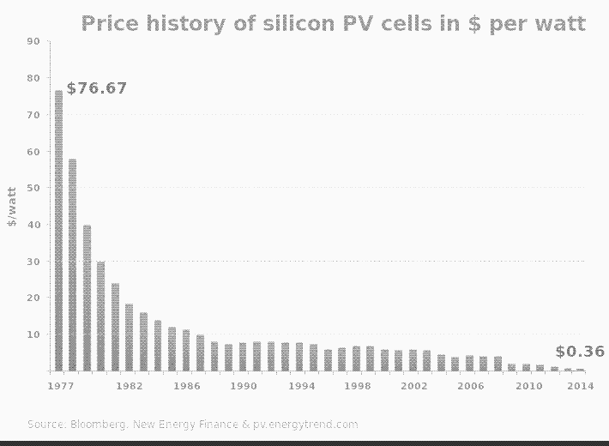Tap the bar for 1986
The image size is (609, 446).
(186, 350)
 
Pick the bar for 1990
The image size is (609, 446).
(243, 356)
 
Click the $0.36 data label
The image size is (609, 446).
(580, 352)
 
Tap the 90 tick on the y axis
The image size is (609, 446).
(33, 41)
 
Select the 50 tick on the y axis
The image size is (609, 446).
(33, 188)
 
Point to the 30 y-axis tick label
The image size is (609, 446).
(33, 261)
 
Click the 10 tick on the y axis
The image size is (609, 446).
(33, 334)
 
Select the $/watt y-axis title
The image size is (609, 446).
(12, 206)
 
